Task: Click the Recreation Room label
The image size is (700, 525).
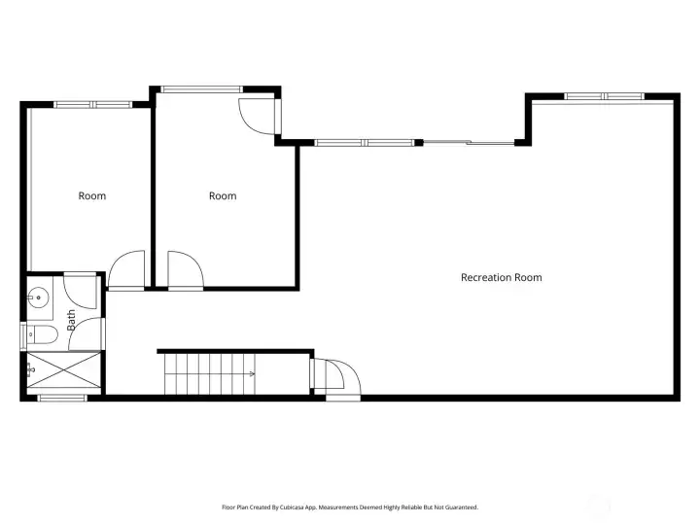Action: [x=502, y=277]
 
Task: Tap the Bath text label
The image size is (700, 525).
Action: [x=71, y=321]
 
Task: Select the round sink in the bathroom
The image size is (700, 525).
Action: [x=38, y=297]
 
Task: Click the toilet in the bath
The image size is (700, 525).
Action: [x=42, y=334]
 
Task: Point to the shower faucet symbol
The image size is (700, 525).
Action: [x=31, y=370]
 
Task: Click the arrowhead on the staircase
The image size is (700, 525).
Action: [x=252, y=373]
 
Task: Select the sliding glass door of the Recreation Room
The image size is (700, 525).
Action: [x=469, y=143]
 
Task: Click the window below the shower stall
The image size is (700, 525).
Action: [x=62, y=398]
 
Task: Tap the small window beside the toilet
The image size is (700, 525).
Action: [x=23, y=335]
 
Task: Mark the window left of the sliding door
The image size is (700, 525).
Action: [x=365, y=143]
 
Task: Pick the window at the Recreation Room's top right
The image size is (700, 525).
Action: [x=604, y=96]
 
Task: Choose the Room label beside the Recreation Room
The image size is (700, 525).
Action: [x=223, y=196]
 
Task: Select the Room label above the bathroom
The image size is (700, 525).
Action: [x=92, y=196]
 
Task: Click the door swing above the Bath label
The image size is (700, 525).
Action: [x=81, y=292]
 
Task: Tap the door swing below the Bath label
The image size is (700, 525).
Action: [x=87, y=333]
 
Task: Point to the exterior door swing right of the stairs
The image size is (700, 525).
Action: [x=343, y=377]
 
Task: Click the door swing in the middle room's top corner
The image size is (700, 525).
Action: [x=258, y=116]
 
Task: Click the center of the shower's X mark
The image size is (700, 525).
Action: [x=64, y=369]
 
